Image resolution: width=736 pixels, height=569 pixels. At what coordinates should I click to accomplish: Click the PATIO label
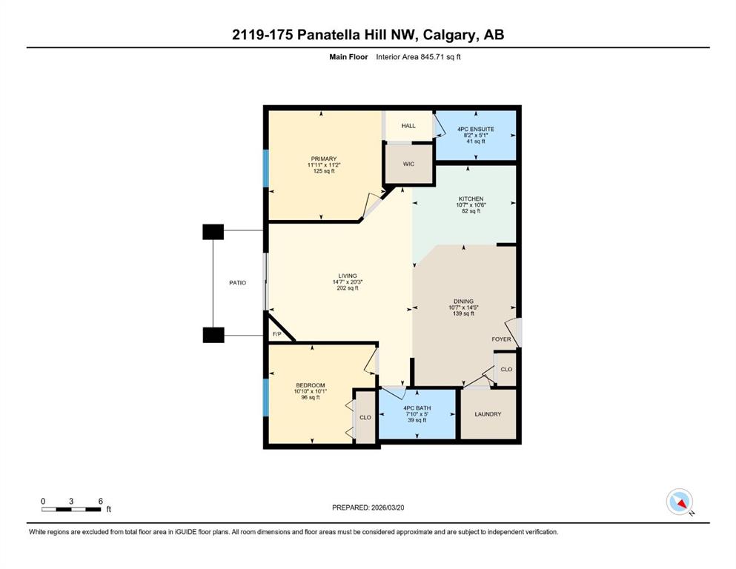[237, 283]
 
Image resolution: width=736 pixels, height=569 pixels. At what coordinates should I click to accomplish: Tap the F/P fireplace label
[277, 334]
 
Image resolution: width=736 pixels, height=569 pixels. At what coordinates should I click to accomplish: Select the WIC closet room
[408, 164]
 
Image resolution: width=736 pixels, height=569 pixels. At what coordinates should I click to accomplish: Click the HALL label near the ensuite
[408, 126]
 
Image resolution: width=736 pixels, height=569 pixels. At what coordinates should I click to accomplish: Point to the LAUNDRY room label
[488, 414]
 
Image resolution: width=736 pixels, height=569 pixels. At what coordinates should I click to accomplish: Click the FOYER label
[501, 339]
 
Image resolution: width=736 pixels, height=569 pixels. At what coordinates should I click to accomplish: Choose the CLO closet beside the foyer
[506, 370]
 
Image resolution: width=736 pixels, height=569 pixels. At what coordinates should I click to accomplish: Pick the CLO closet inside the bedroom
[365, 417]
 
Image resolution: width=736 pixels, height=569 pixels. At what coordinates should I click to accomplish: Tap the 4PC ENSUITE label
[476, 129]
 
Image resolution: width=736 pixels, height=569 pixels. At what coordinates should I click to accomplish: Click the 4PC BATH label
[417, 408]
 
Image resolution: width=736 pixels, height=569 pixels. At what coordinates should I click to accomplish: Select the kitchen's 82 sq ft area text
[471, 211]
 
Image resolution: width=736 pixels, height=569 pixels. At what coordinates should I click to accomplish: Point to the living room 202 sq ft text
[348, 288]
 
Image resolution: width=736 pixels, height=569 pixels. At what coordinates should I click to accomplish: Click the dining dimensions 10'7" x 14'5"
[463, 307]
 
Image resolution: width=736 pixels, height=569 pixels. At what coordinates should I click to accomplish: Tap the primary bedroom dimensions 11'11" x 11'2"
[323, 165]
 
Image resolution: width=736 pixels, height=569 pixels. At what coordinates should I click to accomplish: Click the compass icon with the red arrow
[679, 502]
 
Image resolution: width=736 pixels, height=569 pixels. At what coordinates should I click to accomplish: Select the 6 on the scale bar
[101, 501]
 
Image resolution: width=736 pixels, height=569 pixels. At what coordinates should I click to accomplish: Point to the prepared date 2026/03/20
[387, 508]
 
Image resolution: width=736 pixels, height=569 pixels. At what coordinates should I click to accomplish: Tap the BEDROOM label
[311, 385]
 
